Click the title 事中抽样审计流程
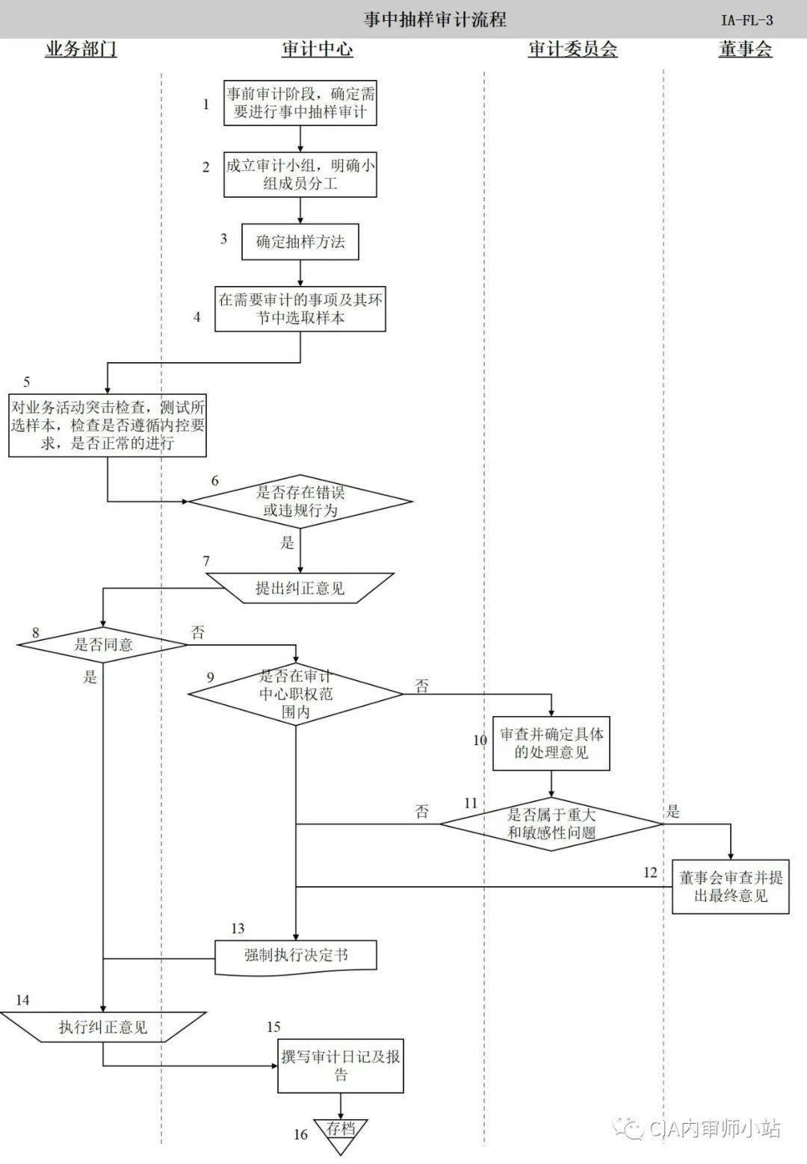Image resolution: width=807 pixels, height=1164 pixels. pyautogui.click(x=434, y=19)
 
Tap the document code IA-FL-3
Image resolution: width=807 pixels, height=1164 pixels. pyautogui.click(x=746, y=20)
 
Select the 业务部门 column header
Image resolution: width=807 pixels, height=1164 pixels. pyautogui.click(x=81, y=50)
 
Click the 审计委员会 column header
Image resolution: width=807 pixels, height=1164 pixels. pyautogui.click(x=572, y=50)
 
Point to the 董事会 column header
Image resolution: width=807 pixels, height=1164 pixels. pyautogui.click(x=744, y=50)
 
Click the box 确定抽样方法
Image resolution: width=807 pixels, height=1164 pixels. pyautogui.click(x=300, y=242)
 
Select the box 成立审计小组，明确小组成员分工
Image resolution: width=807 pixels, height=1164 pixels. pyautogui.click(x=300, y=175)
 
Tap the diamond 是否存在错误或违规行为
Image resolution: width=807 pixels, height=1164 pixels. pyautogui.click(x=300, y=502)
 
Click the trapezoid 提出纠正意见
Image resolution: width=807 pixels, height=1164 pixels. pyautogui.click(x=300, y=588)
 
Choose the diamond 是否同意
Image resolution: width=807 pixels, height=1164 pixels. pyautogui.click(x=103, y=644)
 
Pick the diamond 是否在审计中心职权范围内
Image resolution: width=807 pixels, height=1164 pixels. pyautogui.click(x=296, y=694)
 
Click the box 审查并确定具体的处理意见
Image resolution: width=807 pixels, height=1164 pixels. pyautogui.click(x=551, y=743)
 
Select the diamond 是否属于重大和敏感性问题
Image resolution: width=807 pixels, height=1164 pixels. pyautogui.click(x=551, y=824)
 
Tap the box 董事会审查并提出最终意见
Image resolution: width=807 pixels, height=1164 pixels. pyautogui.click(x=730, y=886)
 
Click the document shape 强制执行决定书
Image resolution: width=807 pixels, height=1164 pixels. pyautogui.click(x=296, y=956)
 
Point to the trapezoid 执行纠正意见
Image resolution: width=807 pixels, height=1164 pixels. pyautogui.click(x=103, y=1027)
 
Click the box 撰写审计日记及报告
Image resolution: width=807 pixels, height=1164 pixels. pyautogui.click(x=341, y=1065)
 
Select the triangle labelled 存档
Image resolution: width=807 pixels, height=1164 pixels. pyautogui.click(x=341, y=1130)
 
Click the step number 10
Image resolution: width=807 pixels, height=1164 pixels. pyautogui.click(x=480, y=741)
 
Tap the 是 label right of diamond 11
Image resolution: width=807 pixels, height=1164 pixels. pyautogui.click(x=673, y=812)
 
